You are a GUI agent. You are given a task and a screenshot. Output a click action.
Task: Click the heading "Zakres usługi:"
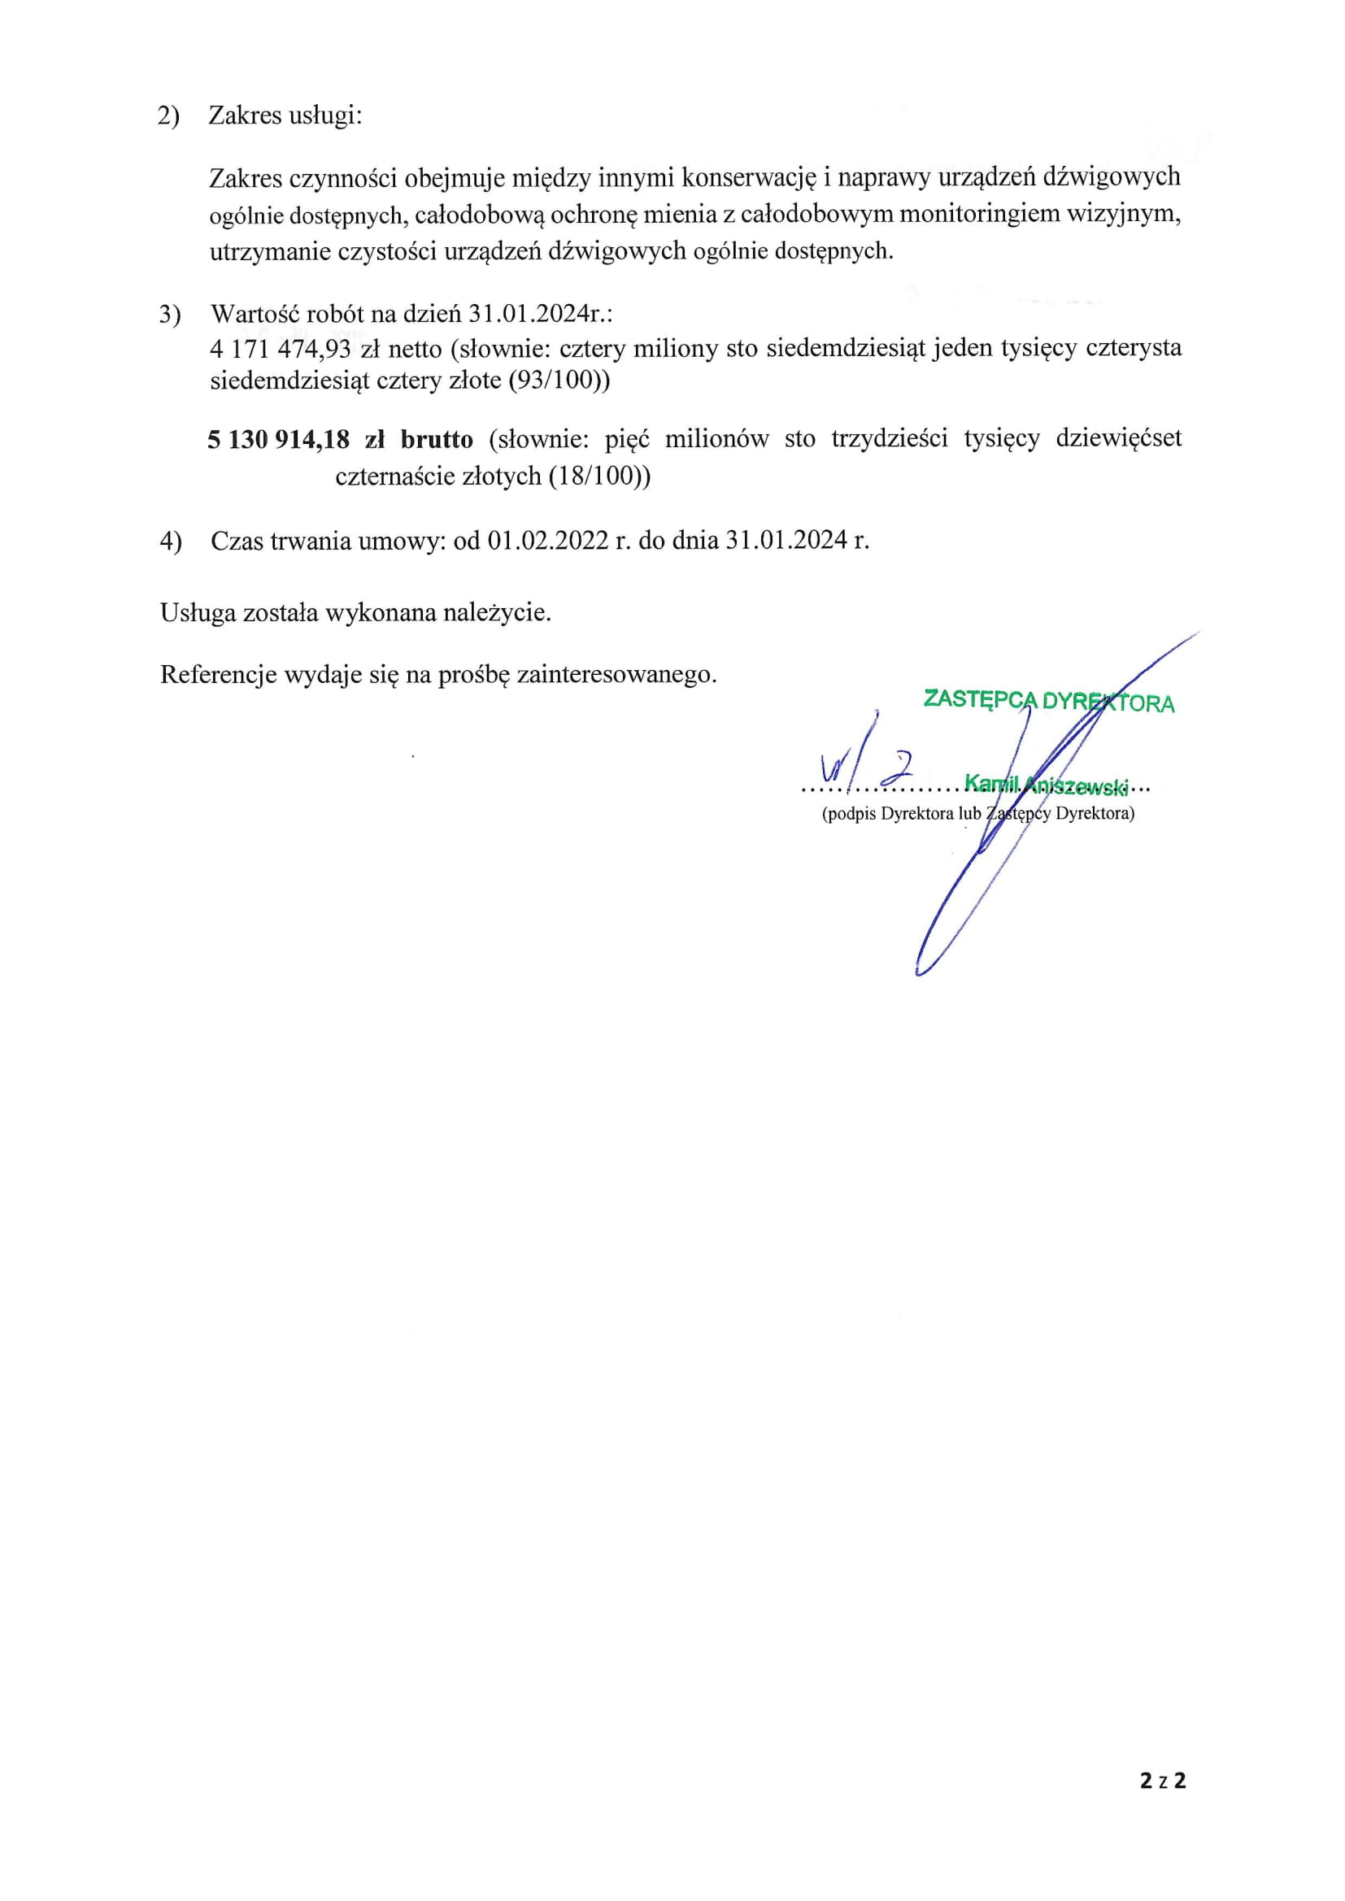tap(285, 115)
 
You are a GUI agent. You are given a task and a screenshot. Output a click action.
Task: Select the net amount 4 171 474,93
tap(281, 349)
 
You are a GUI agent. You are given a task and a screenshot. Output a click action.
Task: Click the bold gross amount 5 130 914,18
tap(278, 439)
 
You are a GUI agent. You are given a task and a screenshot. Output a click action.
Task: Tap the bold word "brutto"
tap(437, 439)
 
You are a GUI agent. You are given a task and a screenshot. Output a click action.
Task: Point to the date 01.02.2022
tap(547, 541)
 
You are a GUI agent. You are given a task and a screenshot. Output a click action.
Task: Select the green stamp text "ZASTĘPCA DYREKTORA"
tap(1048, 700)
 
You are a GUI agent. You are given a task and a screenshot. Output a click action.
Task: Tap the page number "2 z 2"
tap(1163, 1780)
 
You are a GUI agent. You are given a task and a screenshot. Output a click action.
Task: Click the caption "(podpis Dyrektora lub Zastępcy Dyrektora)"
tap(978, 813)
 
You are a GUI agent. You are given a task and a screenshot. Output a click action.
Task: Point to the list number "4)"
tap(171, 542)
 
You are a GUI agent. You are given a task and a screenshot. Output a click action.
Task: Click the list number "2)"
tap(168, 116)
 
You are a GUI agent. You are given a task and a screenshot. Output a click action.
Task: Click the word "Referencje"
tap(218, 674)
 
